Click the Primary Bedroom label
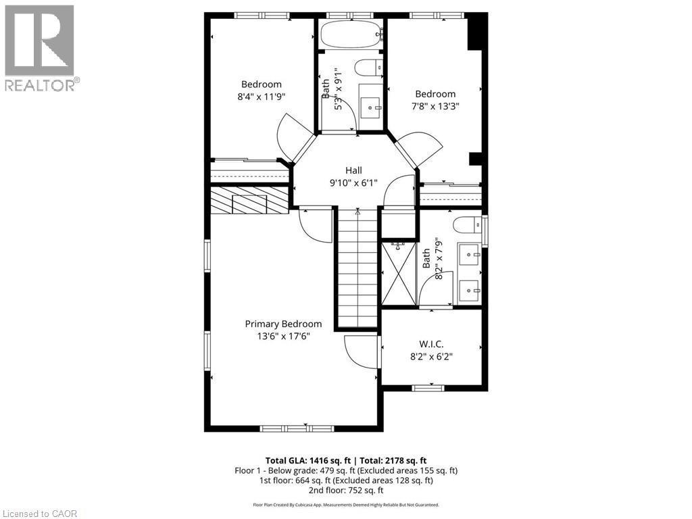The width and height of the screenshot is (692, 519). click(283, 324)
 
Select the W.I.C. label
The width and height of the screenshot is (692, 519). click(431, 344)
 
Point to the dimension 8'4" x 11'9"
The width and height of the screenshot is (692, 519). click(262, 97)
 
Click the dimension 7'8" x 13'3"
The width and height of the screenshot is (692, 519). click(435, 106)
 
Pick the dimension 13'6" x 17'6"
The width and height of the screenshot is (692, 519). click(283, 336)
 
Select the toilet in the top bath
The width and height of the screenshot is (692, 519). click(369, 68)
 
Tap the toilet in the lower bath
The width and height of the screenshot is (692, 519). click(467, 225)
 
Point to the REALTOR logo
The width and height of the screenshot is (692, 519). click(40, 48)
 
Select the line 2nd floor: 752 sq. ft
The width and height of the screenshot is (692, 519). click(346, 490)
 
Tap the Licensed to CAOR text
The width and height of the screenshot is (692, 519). click(40, 514)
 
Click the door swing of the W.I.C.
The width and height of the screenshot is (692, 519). click(359, 352)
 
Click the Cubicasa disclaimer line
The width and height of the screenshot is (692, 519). click(346, 505)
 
